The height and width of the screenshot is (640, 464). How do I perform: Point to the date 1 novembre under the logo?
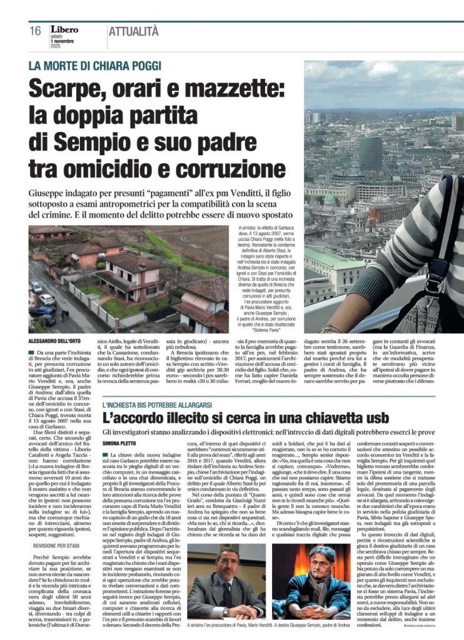[61, 41]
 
